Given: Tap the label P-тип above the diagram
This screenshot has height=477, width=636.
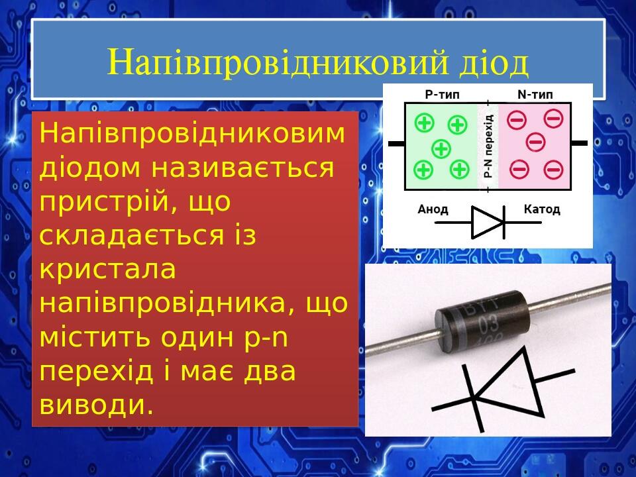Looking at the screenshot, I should pyautogui.click(x=442, y=95).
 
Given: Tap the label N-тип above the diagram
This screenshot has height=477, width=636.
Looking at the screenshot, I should pyautogui.click(x=535, y=95).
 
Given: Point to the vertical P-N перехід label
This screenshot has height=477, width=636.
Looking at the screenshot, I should pyautogui.click(x=488, y=146).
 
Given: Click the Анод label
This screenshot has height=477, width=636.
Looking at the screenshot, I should pyautogui.click(x=433, y=209).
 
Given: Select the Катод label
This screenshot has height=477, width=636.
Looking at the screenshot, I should pyautogui.click(x=541, y=209).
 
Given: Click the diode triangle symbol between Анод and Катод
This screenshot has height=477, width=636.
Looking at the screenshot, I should pyautogui.click(x=487, y=222).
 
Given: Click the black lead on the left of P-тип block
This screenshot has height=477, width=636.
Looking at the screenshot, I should pyautogui.click(x=396, y=143).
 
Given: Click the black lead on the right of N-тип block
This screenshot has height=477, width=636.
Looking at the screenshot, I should pyautogui.click(x=579, y=142).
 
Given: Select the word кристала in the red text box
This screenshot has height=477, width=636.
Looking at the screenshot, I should pyautogui.click(x=108, y=269).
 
